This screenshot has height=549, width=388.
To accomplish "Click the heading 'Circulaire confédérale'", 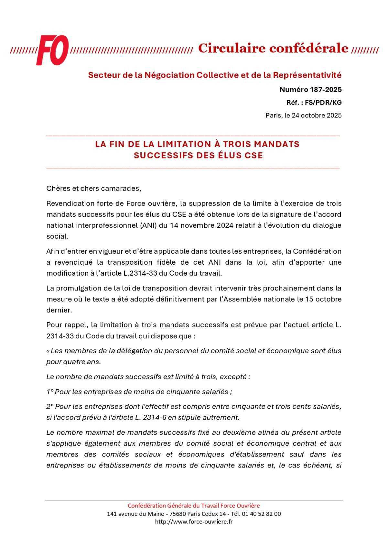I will click(x=273, y=48).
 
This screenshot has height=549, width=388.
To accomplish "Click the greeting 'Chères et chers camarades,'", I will click(x=94, y=188).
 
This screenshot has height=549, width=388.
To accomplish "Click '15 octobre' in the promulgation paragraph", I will click(x=323, y=299).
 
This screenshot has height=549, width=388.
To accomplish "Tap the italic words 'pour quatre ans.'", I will click(x=73, y=362).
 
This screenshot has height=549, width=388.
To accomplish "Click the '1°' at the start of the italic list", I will click(x=50, y=392).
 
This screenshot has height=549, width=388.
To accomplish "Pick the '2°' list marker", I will click(x=50, y=406).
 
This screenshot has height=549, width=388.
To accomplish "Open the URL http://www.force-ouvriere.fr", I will click(x=194, y=522).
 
